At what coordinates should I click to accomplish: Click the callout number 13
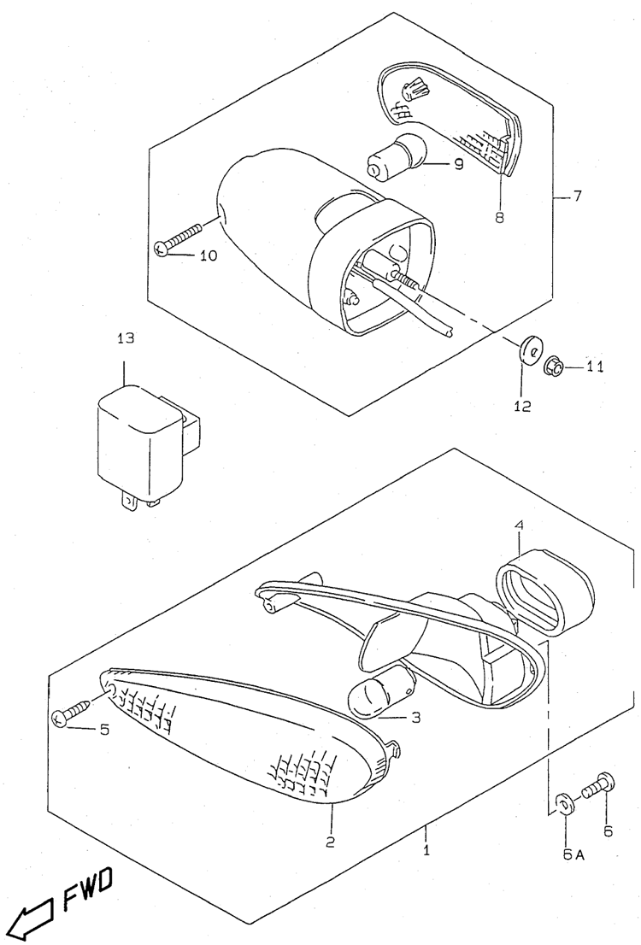126,338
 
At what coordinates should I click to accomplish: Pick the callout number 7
577,197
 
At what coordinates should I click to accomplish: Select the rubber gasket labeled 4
546,591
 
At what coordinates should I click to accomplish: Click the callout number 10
208,256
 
